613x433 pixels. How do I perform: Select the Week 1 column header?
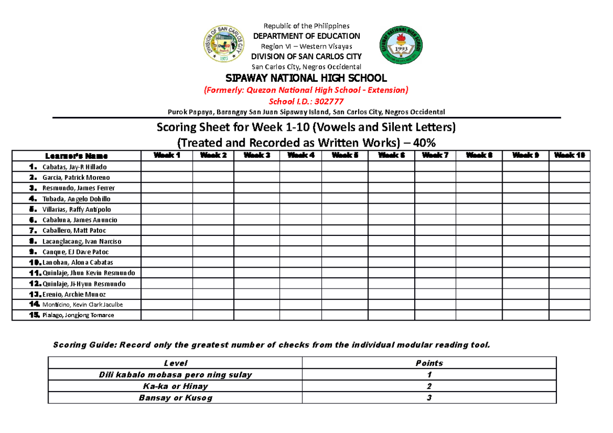click(167, 156)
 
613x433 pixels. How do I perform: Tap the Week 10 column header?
click(569, 156)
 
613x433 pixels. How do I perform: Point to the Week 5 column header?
click(345, 156)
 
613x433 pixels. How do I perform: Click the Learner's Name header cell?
click(76, 156)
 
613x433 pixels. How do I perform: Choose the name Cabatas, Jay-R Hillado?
click(75, 167)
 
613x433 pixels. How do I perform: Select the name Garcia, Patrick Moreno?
click(76, 178)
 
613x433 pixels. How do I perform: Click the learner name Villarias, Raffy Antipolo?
click(77, 209)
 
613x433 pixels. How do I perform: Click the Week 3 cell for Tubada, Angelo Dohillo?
click(256, 199)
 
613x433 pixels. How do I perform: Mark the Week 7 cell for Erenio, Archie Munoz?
click(435, 294)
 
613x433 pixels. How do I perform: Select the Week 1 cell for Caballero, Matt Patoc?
click(167, 230)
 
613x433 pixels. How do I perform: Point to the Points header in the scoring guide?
click(429, 363)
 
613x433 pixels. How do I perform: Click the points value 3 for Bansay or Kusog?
click(429, 398)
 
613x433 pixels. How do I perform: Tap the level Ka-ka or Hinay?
click(175, 386)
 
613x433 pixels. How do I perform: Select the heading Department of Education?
click(306, 36)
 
